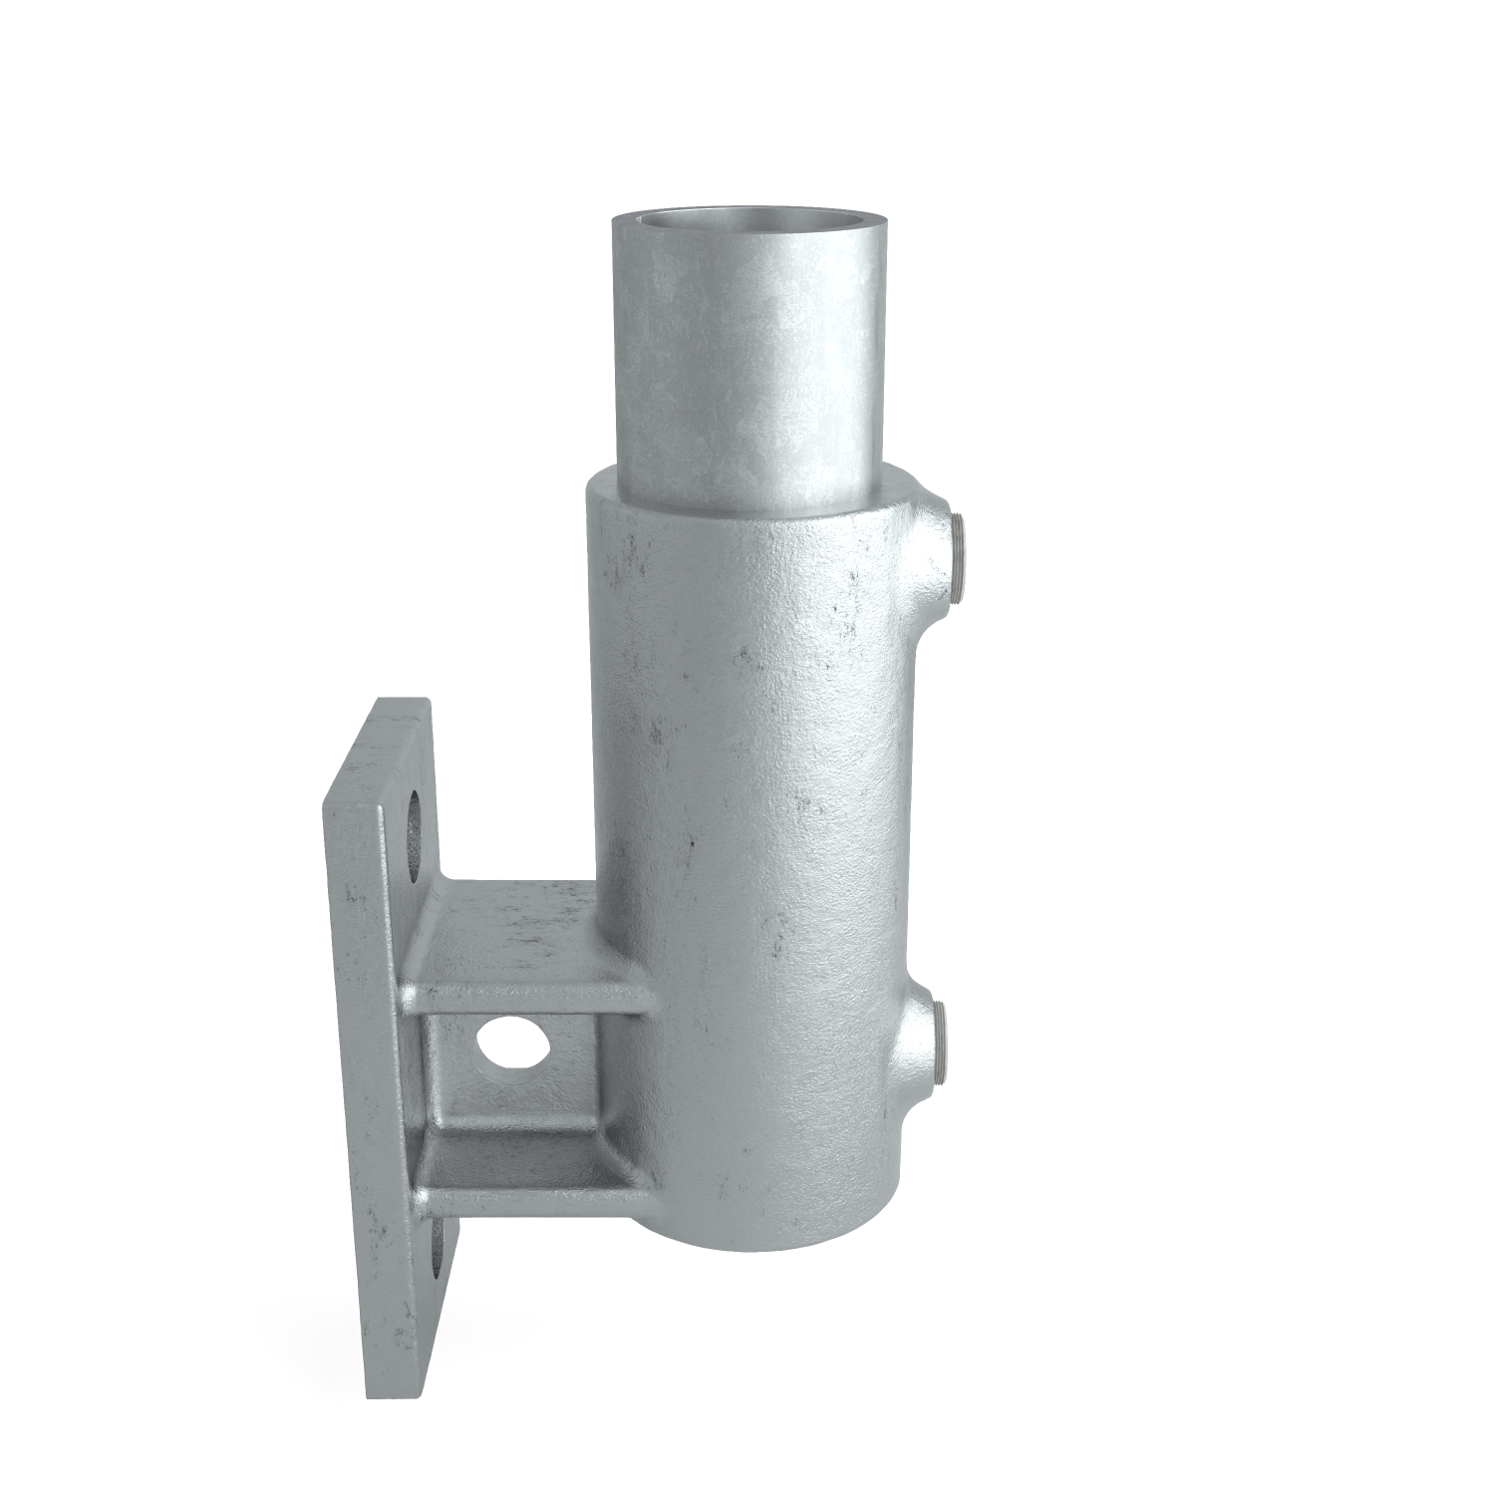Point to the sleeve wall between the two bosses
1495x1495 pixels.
coord(897,797)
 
